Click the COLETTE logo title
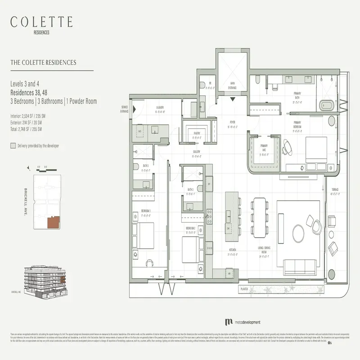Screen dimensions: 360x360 (x=42, y=22)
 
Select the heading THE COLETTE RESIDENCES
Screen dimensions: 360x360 (x=43, y=63)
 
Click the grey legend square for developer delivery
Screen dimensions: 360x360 (x=13, y=146)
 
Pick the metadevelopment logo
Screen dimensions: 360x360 (x=245, y=322)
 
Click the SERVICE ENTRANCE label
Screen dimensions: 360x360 (x=124, y=109)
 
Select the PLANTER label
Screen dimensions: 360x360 (x=244, y=289)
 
